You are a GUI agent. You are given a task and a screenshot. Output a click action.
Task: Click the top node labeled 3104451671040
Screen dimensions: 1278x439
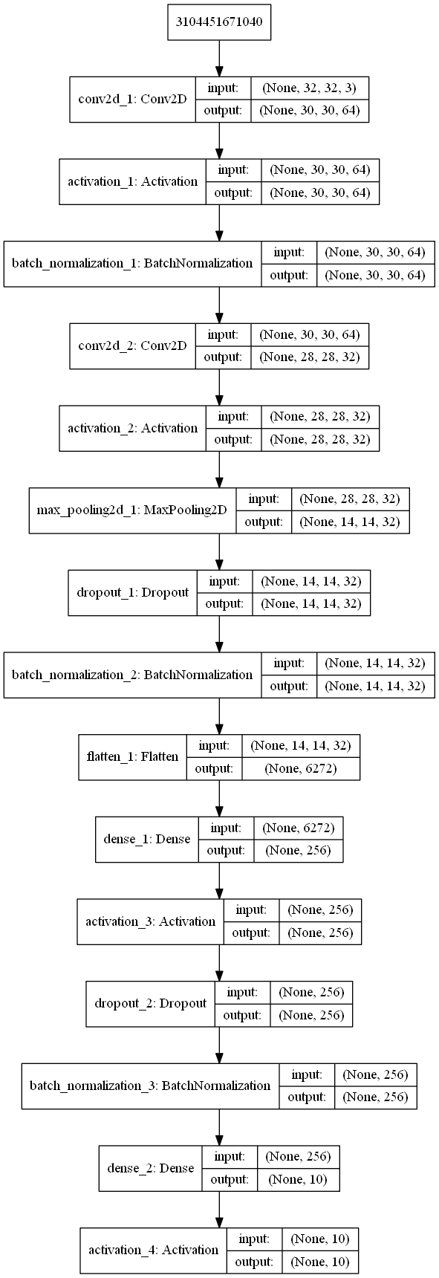(x=219, y=25)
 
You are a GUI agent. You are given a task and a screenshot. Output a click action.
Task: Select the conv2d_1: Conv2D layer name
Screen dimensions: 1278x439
(x=132, y=99)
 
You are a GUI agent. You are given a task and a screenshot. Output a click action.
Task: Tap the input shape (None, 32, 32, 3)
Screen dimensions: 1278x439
(x=309, y=88)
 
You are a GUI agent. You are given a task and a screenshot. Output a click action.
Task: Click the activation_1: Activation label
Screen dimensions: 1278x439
(x=133, y=181)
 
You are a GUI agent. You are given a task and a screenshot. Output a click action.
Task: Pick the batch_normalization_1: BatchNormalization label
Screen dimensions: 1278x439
(x=132, y=263)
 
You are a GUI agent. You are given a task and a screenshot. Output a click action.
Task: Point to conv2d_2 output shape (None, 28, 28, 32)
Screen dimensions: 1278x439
(x=309, y=357)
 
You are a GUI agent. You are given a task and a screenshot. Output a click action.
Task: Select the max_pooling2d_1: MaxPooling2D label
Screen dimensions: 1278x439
(x=132, y=510)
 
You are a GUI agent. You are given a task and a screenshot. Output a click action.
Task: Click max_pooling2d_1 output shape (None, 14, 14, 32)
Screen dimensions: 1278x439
(x=349, y=522)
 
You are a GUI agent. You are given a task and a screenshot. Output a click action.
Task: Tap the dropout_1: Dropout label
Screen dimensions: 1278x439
(x=132, y=592)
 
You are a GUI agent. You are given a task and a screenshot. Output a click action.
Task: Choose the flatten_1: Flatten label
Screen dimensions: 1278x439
(x=132, y=757)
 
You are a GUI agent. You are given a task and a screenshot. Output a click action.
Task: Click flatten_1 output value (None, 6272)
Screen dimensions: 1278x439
(x=300, y=768)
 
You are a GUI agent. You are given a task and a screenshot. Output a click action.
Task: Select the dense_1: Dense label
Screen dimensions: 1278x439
(x=147, y=839)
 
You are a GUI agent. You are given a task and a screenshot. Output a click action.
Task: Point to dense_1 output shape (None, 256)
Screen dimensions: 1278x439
(x=298, y=850)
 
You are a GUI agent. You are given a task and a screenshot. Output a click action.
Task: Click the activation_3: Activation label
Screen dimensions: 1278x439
(x=150, y=921)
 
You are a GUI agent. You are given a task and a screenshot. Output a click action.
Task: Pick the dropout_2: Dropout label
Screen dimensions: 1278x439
(x=150, y=1003)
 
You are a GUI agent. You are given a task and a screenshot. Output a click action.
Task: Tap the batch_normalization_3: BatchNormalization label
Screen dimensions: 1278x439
(x=150, y=1086)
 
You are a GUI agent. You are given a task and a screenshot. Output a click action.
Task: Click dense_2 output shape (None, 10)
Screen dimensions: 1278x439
(x=298, y=1179)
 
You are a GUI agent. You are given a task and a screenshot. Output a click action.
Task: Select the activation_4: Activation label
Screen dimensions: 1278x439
(x=154, y=1250)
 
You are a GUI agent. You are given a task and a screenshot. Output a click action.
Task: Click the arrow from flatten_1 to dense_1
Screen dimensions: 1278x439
(x=219, y=797)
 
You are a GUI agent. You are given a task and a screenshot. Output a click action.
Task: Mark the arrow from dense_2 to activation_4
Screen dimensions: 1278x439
(x=219, y=1208)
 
